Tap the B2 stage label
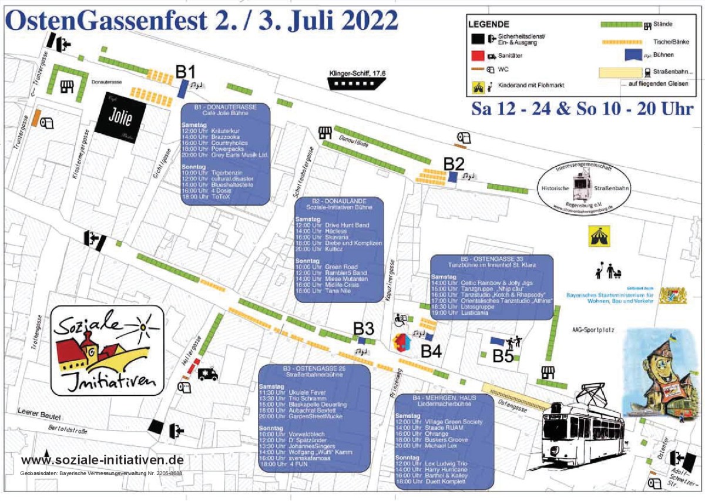pyautogui.click(x=454, y=164)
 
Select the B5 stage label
pyautogui.click(x=503, y=355)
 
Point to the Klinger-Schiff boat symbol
pyautogui.click(x=356, y=83)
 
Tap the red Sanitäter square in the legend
pyautogui.click(x=476, y=56)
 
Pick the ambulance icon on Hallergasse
pyautogui.click(x=208, y=374)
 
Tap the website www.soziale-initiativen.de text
pyautogui.click(x=102, y=460)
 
